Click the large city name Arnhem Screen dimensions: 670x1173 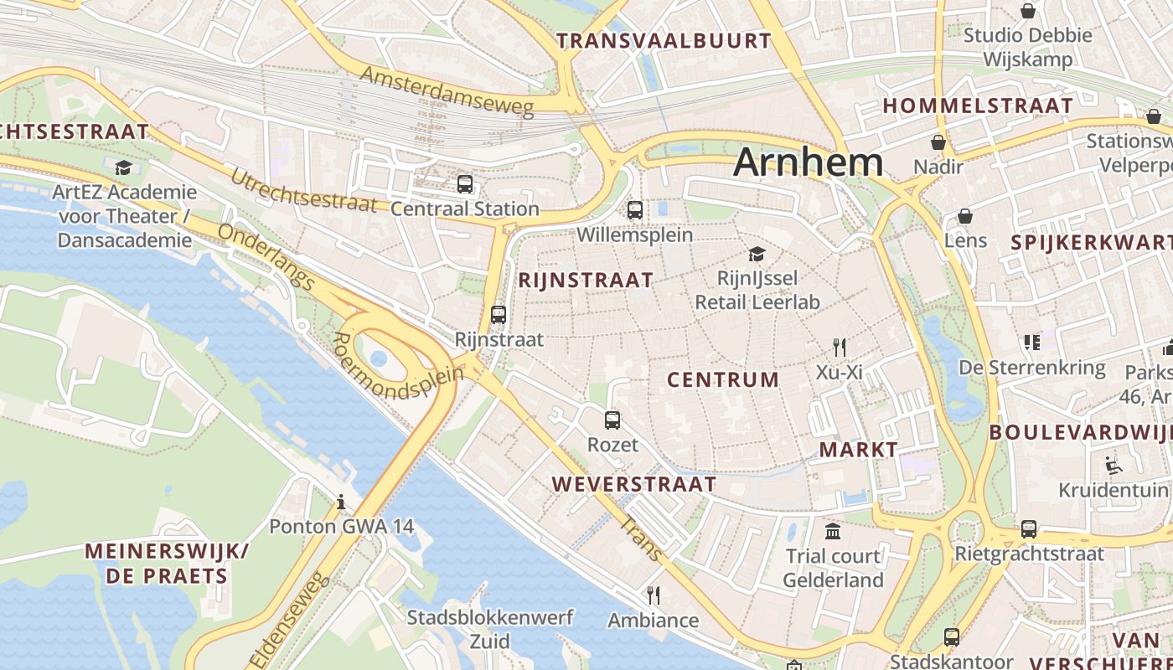tap(808, 162)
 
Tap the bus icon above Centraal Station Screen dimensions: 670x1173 tap(465, 184)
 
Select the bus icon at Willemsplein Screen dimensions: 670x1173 tap(635, 210)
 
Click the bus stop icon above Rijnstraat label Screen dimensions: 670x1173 tap(499, 315)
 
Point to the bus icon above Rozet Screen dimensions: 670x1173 tap(612, 420)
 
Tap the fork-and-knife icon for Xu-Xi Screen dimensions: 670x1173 tap(840, 347)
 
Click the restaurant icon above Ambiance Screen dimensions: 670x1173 tap(654, 595)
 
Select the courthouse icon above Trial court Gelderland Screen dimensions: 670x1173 tap(833, 531)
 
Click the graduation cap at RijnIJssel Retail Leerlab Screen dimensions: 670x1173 tap(757, 254)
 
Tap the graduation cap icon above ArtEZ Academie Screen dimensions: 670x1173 tap(124, 167)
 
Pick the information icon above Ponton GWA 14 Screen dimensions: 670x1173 tap(341, 502)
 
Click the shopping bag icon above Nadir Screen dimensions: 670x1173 tap(938, 142)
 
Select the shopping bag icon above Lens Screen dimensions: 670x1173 tap(965, 216)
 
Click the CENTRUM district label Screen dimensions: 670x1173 tap(723, 379)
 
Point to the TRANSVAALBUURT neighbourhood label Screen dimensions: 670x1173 tap(664, 40)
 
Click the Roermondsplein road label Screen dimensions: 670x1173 tap(397, 368)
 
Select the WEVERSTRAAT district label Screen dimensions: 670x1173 tap(634, 484)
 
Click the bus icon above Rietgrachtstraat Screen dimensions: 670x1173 tap(1029, 529)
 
